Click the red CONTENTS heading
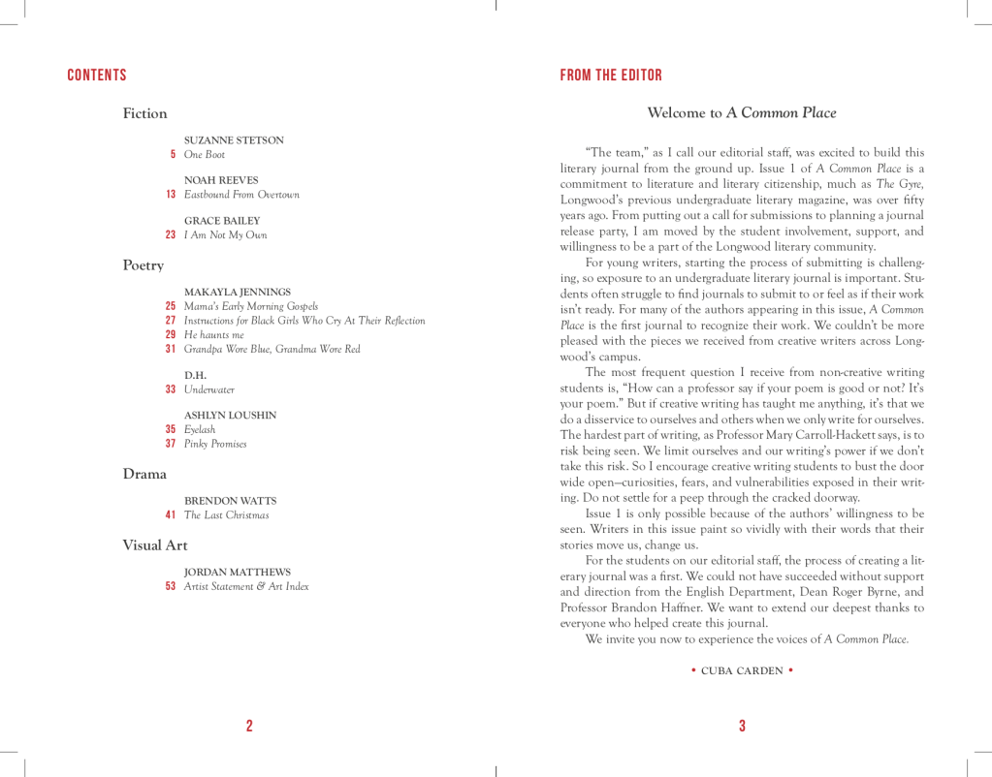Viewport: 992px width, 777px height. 97,76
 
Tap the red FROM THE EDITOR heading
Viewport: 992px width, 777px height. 611,76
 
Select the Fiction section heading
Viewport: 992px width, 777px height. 144,113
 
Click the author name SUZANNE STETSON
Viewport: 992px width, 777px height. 234,140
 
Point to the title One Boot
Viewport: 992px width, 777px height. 205,155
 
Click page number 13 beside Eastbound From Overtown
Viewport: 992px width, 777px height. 171,195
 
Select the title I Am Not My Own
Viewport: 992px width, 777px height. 225,235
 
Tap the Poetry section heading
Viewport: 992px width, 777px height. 143,265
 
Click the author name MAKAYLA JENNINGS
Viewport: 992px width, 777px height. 238,292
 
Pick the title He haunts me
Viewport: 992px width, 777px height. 213,334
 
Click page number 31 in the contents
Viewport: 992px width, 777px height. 171,349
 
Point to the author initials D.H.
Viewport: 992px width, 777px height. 195,375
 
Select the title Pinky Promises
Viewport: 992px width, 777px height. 215,444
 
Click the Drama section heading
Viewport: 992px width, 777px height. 144,474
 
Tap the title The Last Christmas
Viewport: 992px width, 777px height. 226,515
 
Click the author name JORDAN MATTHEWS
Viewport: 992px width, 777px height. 237,573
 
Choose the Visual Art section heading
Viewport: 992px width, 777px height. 154,544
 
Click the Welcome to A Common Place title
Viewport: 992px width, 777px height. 741,113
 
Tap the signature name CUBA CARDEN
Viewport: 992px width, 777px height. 742,670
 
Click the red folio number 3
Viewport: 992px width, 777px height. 742,727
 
